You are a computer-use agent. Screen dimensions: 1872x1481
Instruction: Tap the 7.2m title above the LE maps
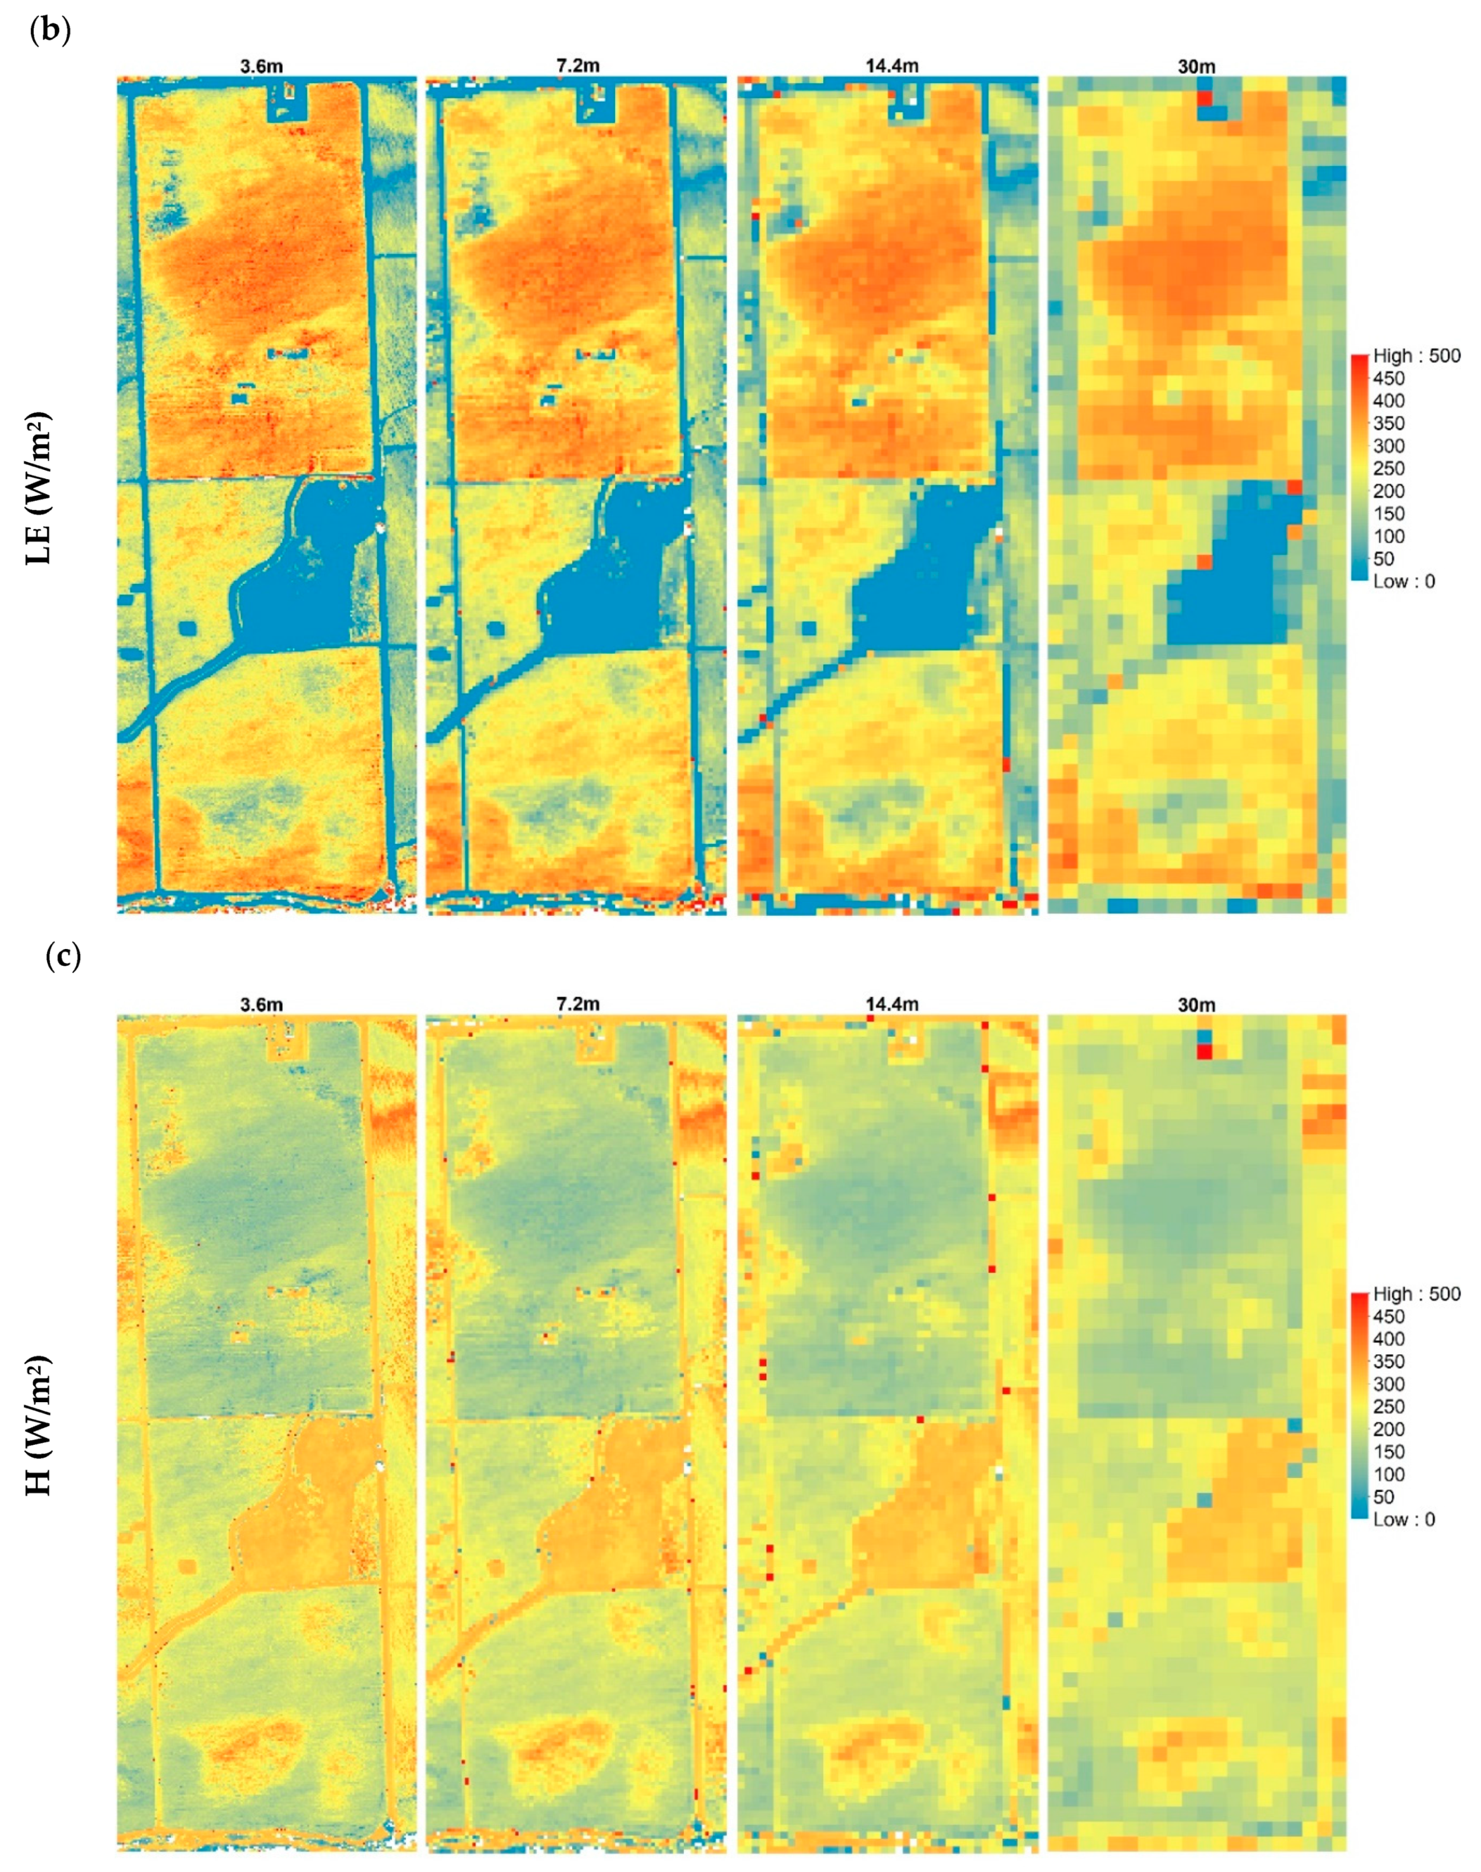[578, 66]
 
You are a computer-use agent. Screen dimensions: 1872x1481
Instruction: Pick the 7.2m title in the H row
[578, 1005]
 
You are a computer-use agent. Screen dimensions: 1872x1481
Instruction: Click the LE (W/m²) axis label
[39, 488]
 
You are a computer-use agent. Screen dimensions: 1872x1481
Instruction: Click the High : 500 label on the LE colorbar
[1416, 355]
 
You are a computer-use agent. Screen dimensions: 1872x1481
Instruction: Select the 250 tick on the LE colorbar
[1388, 468]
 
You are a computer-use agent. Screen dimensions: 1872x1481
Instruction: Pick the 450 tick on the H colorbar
[1388, 1316]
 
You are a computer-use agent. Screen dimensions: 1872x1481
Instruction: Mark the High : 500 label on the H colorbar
[1416, 1294]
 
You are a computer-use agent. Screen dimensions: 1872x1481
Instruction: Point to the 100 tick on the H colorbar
[1388, 1474]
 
